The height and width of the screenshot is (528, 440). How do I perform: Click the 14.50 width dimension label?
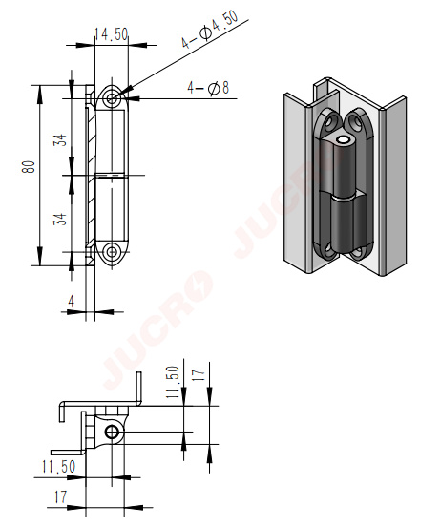111,34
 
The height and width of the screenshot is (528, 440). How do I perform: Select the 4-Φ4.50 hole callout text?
209,30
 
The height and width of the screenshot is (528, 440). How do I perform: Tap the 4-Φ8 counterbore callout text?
208,88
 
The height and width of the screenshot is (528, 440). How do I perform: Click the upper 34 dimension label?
60,139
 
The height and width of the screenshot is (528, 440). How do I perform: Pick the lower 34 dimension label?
60,219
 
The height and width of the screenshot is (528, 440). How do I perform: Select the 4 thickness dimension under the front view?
71,301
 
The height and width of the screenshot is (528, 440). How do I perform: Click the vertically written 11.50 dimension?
173,382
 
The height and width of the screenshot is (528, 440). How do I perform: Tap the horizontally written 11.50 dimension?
58,466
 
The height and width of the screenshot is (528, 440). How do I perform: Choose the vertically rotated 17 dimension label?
199,375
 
